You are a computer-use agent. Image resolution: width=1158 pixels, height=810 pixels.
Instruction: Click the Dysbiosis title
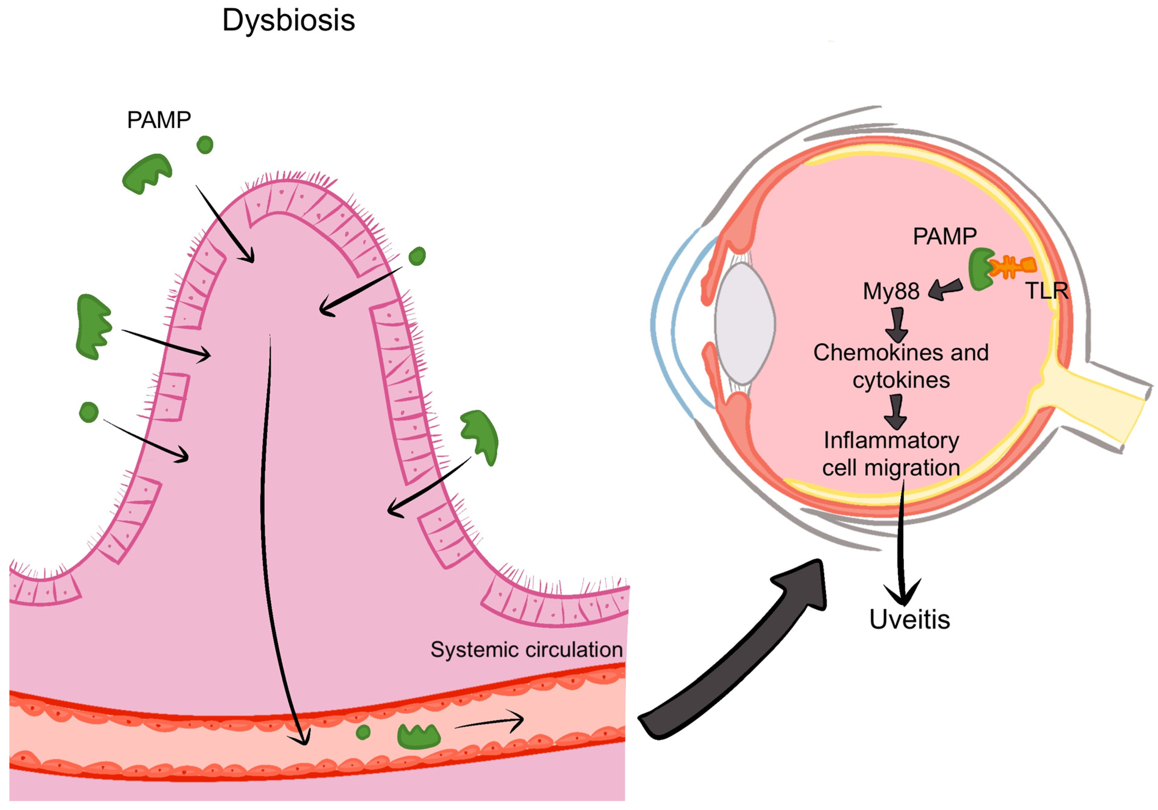(x=289, y=21)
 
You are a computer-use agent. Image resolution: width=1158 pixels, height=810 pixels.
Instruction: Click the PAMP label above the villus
(x=159, y=120)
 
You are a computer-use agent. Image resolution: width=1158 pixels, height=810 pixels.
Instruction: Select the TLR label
(x=1047, y=291)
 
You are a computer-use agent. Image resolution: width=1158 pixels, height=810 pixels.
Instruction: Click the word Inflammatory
(x=891, y=441)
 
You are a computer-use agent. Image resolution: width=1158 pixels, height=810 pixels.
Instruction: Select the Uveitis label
(x=909, y=620)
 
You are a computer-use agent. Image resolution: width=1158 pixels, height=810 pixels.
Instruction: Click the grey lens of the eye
(x=745, y=323)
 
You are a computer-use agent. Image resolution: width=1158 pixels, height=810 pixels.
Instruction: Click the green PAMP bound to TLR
(x=980, y=269)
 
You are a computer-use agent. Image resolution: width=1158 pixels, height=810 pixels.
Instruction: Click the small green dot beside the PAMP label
(x=205, y=145)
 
